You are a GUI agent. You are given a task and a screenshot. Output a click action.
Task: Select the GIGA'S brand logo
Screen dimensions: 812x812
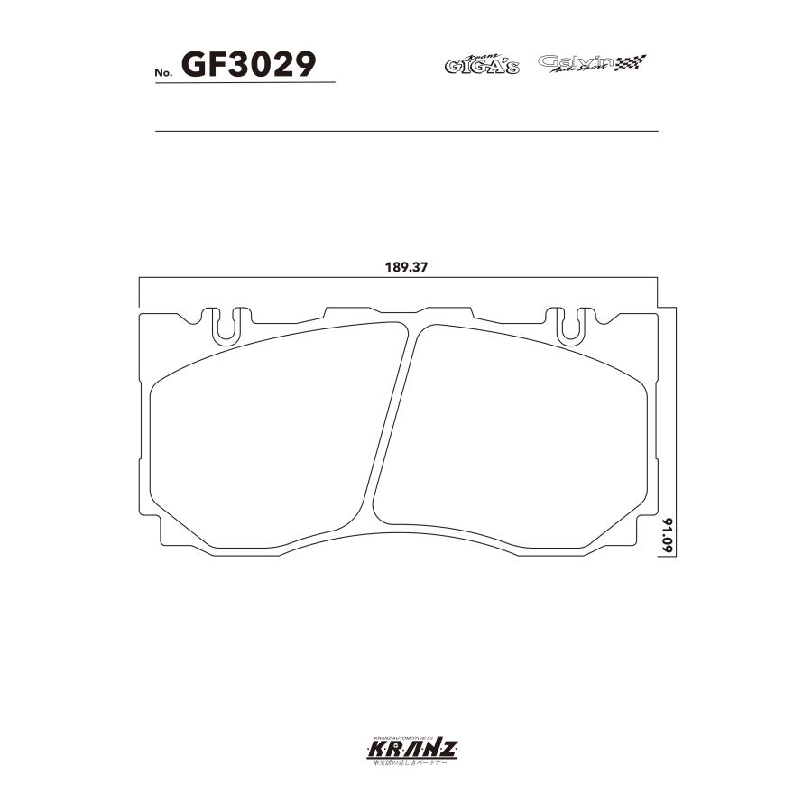click(482, 64)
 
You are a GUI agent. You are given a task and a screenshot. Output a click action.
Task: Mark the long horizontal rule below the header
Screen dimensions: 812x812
click(406, 132)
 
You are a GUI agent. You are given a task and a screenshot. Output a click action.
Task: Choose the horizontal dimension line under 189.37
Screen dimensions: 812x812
click(398, 281)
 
